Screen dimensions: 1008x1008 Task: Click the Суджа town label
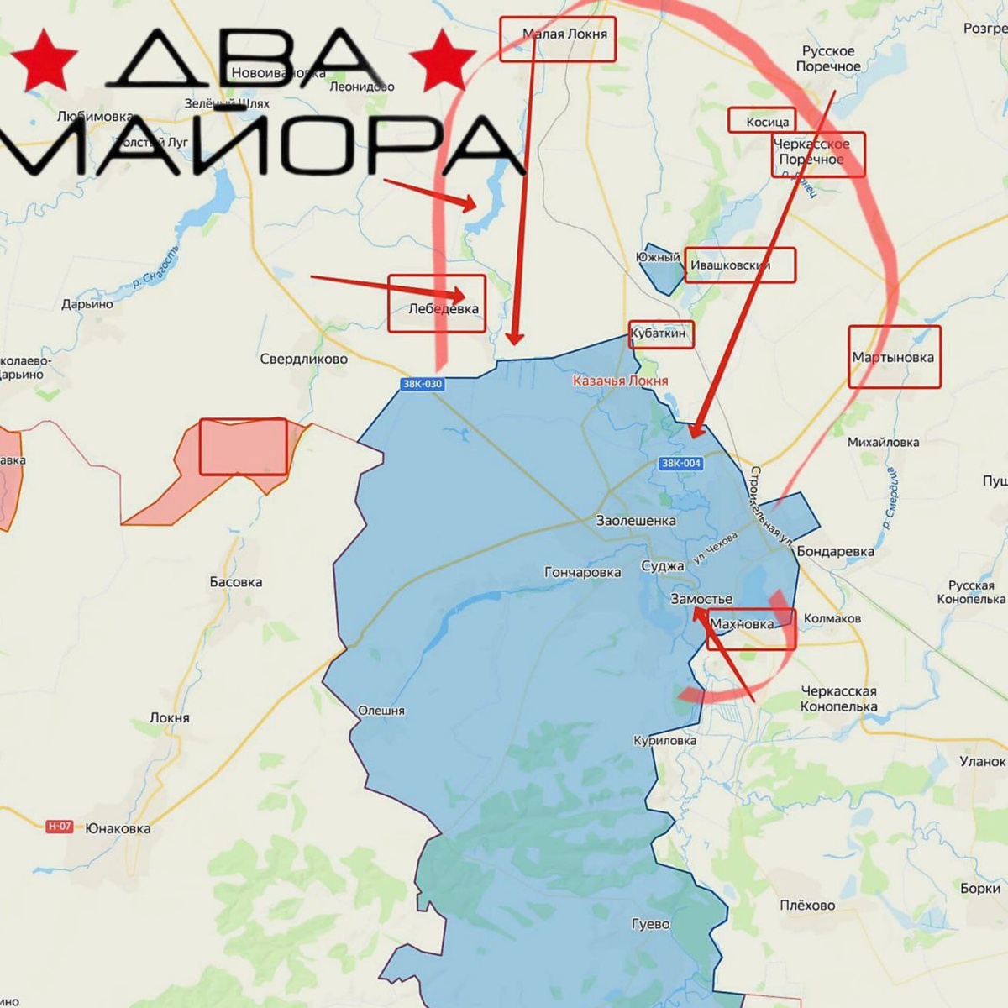click(662, 566)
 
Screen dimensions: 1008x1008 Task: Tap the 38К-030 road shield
click(422, 384)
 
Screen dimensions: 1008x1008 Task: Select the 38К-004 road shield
click(680, 463)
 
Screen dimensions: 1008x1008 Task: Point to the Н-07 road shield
click(59, 827)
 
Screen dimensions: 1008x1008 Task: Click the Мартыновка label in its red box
click(893, 357)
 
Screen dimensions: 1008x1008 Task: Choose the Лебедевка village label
click(443, 308)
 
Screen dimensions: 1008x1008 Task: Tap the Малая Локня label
click(564, 34)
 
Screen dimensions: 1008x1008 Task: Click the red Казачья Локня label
click(620, 381)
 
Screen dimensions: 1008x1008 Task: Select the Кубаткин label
click(659, 333)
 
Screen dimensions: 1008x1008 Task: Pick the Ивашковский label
click(730, 265)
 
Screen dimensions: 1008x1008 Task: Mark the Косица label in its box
click(767, 123)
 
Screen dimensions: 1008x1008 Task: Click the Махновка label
click(743, 624)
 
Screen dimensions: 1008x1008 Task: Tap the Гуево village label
click(650, 924)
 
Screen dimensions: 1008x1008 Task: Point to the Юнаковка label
click(118, 828)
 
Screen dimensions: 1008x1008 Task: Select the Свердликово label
click(303, 359)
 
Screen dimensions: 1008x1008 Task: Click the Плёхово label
click(807, 905)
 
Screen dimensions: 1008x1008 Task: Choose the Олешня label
click(381, 711)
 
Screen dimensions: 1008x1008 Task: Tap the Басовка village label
click(235, 581)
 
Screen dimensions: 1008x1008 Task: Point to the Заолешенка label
click(635, 521)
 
